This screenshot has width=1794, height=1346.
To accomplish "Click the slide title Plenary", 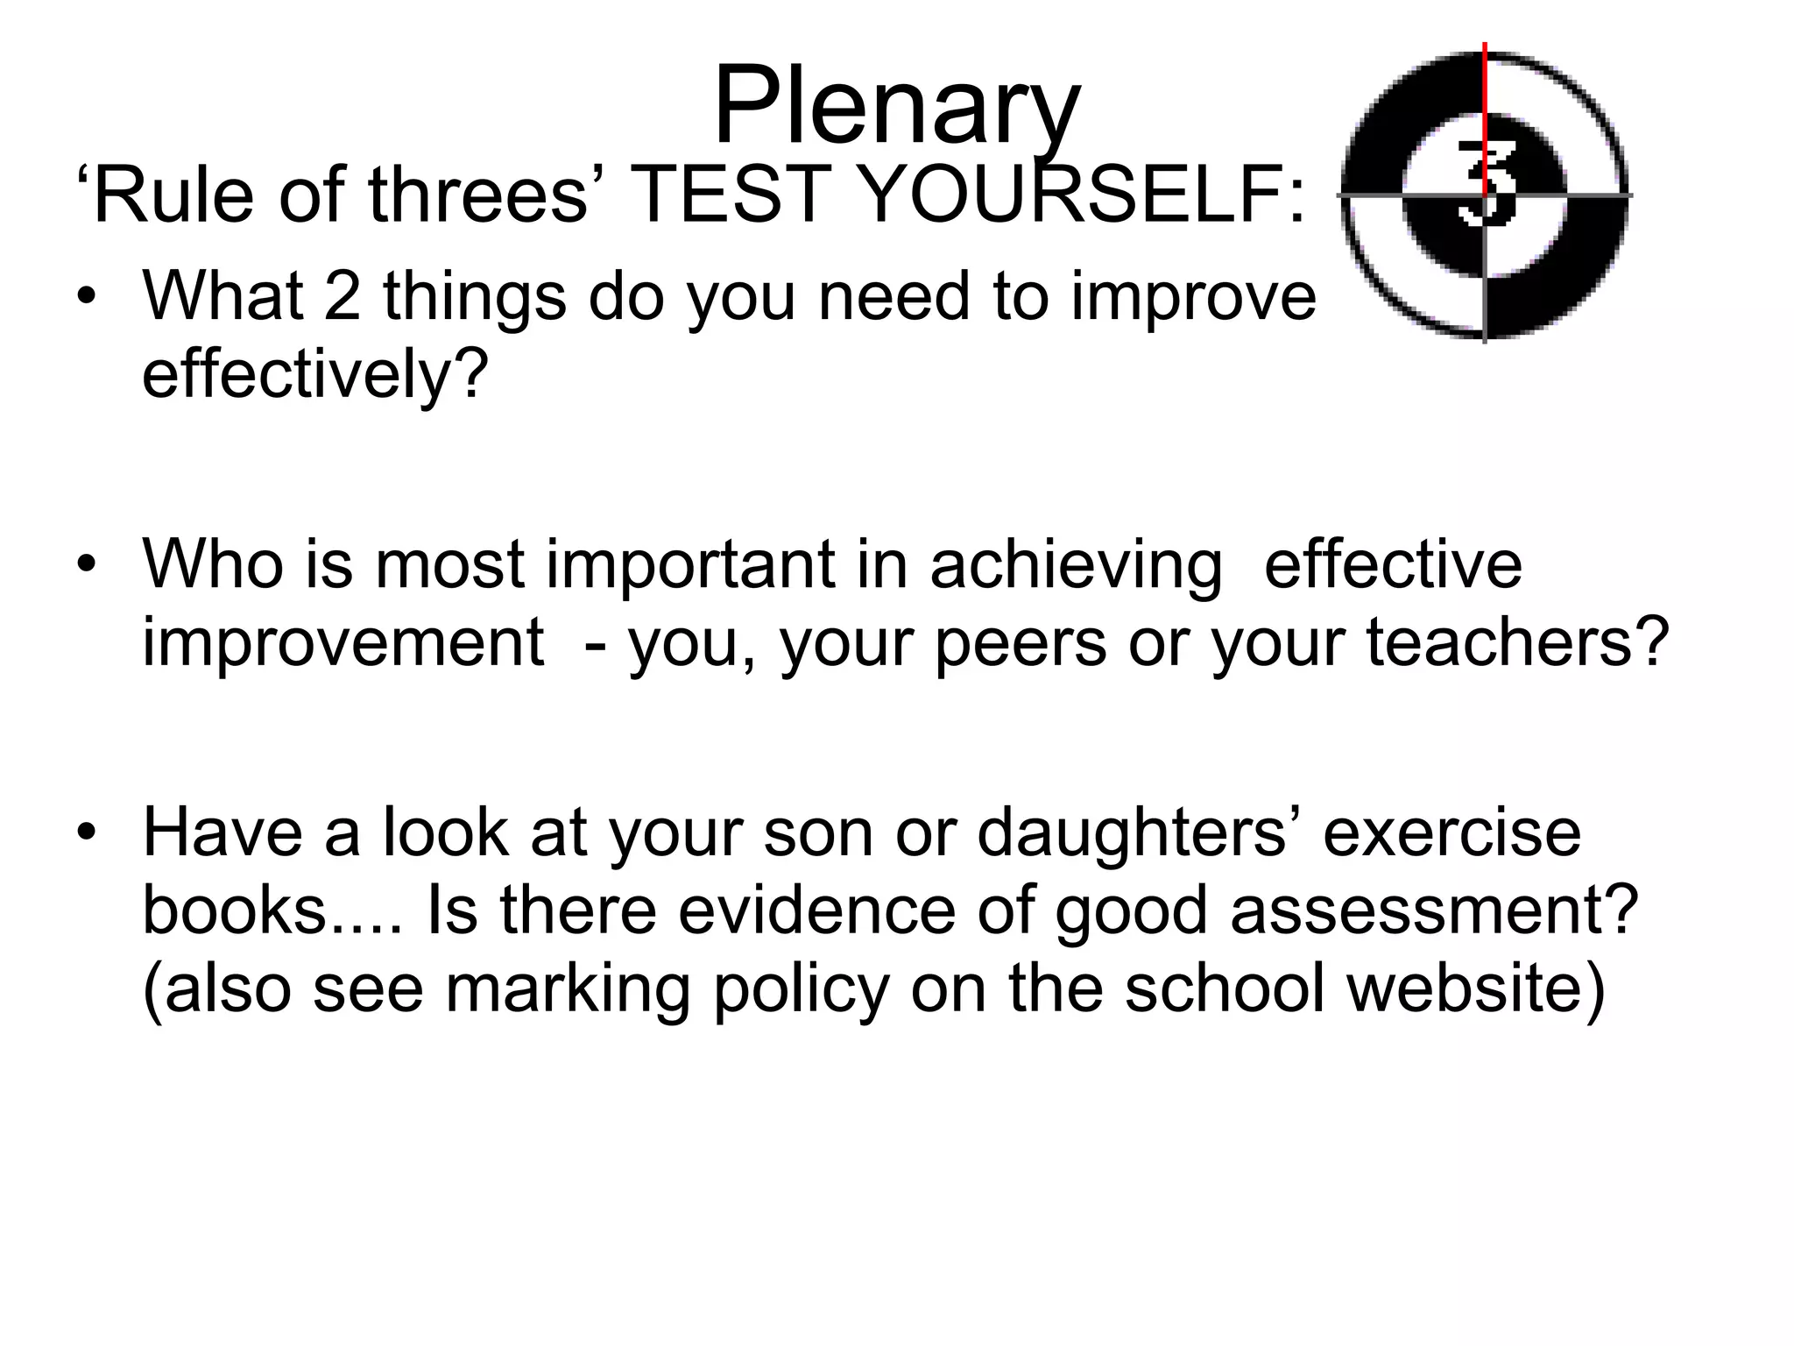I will (x=897, y=107).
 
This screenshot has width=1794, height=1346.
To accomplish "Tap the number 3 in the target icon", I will (x=1486, y=183).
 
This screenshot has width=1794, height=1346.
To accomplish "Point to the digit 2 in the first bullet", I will (x=343, y=295).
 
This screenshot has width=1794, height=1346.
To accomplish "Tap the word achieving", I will (x=1077, y=564).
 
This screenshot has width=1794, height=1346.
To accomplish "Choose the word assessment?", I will (x=1434, y=911).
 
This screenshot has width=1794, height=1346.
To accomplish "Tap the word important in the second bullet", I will (x=690, y=564).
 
